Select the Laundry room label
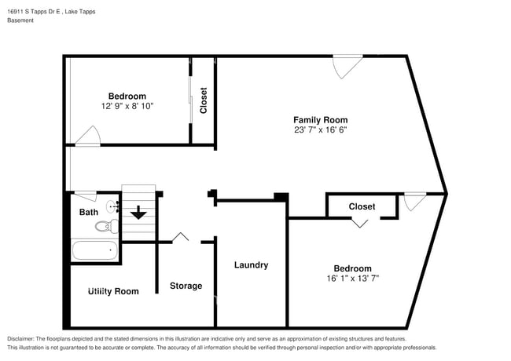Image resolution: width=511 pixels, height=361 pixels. pyautogui.click(x=251, y=265)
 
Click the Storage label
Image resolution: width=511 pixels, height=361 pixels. pyautogui.click(x=186, y=286)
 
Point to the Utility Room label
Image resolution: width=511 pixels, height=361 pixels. pyautogui.click(x=113, y=291)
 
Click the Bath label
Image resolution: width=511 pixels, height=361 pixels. pyautogui.click(x=89, y=212)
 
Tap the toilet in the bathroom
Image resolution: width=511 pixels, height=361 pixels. pyautogui.click(x=105, y=227)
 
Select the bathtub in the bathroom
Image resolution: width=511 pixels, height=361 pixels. pyautogui.click(x=94, y=251)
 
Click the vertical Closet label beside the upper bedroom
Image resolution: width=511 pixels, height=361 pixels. pyautogui.click(x=204, y=100)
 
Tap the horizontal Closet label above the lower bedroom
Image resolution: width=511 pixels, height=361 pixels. pyautogui.click(x=362, y=206)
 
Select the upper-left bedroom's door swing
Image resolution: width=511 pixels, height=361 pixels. pyautogui.click(x=87, y=136)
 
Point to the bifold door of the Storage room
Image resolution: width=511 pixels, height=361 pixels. pyautogui.click(x=181, y=237)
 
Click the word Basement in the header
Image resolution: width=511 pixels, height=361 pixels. pyautogui.click(x=20, y=20)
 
